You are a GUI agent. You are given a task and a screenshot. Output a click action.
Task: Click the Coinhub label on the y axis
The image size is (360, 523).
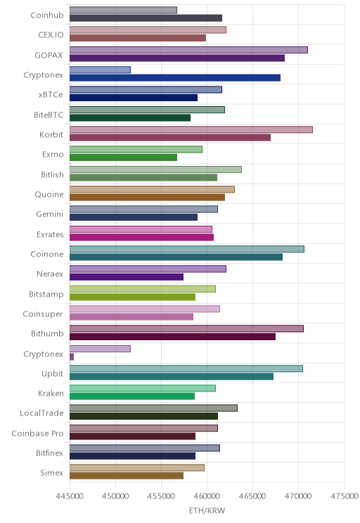pyautogui.click(x=46, y=15)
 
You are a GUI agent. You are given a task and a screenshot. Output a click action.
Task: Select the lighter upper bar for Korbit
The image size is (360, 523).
pyautogui.click(x=191, y=130)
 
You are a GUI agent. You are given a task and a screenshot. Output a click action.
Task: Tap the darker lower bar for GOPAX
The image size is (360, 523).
pyautogui.click(x=177, y=58)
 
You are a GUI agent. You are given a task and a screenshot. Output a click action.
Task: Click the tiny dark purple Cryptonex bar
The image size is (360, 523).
pyautogui.click(x=72, y=357)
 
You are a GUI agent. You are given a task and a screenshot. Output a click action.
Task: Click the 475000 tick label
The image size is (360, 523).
pyautogui.click(x=345, y=496)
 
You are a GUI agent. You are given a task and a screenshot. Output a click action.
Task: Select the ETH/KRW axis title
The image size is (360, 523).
pyautogui.click(x=207, y=510)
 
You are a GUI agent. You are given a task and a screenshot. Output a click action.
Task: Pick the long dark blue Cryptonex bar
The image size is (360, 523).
pyautogui.click(x=175, y=78)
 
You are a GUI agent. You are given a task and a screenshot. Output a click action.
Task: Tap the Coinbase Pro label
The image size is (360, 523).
pyautogui.click(x=37, y=433)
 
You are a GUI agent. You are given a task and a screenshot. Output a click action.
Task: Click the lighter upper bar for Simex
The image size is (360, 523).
pyautogui.click(x=137, y=467)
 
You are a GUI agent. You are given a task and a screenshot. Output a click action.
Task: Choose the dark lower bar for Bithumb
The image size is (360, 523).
pyautogui.click(x=172, y=337)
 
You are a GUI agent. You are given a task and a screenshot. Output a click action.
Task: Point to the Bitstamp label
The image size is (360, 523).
pyautogui.click(x=46, y=294)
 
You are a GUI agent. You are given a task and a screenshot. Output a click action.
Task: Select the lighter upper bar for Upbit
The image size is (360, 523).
pyautogui.click(x=186, y=368)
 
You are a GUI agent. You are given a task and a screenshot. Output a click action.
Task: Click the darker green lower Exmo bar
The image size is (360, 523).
pyautogui.click(x=124, y=157)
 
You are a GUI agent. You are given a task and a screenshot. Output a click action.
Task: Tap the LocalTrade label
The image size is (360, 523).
pyautogui.click(x=41, y=413)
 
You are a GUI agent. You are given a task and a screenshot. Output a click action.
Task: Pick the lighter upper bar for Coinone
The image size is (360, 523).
pyautogui.click(x=187, y=249)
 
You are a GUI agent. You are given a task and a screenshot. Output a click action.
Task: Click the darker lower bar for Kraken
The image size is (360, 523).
pyautogui.click(x=132, y=396)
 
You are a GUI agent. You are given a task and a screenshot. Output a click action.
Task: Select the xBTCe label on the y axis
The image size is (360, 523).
pyautogui.click(x=51, y=95)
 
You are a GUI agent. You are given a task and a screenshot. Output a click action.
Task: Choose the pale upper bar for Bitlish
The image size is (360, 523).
pyautogui.click(x=156, y=169)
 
